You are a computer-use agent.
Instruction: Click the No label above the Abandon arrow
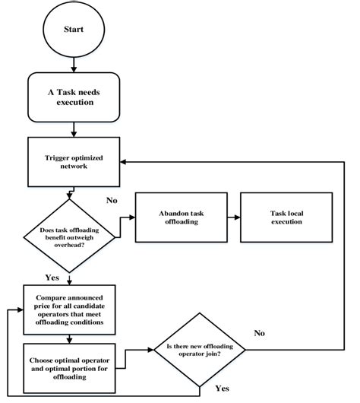click(112, 200)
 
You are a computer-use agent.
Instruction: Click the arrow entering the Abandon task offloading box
click(125, 217)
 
